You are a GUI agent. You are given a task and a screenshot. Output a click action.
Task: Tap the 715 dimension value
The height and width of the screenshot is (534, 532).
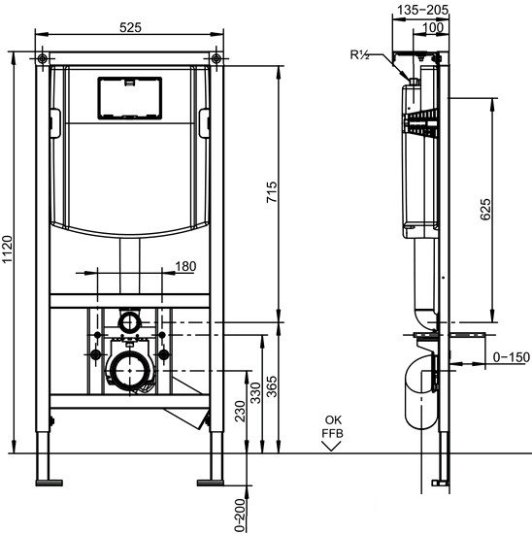click(x=273, y=193)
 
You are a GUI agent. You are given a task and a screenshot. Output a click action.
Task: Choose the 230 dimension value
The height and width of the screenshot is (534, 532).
click(x=240, y=411)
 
